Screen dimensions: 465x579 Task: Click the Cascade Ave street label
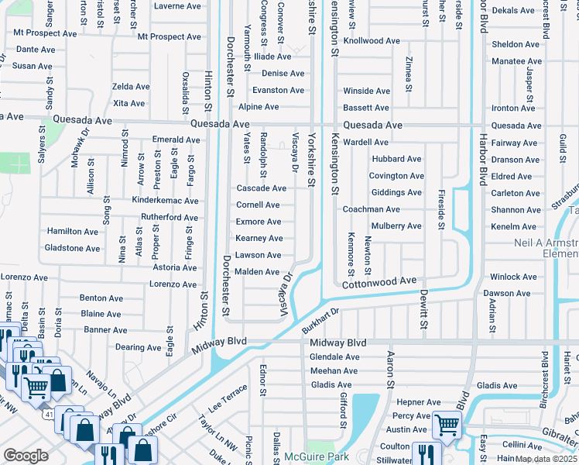point(261,188)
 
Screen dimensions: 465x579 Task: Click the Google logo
point(26,456)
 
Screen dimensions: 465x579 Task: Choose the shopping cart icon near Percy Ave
point(446,423)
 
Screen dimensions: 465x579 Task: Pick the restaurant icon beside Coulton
point(424,452)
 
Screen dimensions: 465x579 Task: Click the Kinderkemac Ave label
point(165,201)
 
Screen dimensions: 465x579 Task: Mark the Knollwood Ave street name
point(372,40)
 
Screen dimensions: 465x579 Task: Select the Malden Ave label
point(257,272)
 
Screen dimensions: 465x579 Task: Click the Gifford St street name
point(342,409)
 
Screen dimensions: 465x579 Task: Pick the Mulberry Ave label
point(396,226)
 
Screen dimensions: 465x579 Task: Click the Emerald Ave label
point(176,140)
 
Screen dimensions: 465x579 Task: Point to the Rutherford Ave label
point(170,218)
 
